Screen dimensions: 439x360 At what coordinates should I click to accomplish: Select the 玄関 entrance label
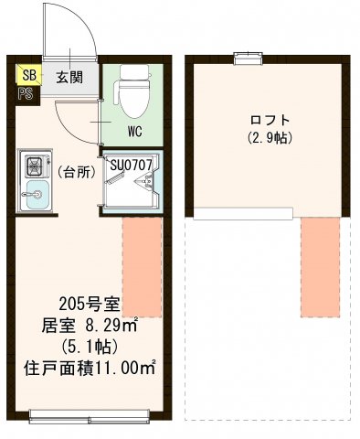pos(69,78)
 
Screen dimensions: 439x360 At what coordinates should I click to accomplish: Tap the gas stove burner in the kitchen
pos(35,166)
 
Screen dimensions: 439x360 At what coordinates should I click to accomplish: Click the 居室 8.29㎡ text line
pos(90,326)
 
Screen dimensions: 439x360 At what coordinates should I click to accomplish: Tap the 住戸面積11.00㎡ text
pos(90,369)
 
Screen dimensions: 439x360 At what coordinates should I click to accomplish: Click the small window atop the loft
pos(245,59)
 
